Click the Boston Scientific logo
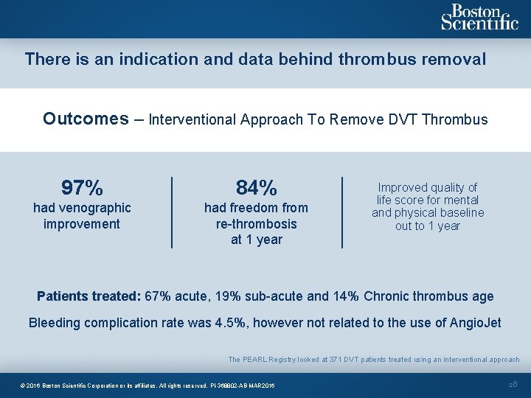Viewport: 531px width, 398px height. pyautogui.click(x=479, y=18)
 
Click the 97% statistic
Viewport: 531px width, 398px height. pyautogui.click(x=82, y=187)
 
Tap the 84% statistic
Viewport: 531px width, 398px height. pyautogui.click(x=257, y=187)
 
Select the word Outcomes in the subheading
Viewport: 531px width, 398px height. pyautogui.click(x=86, y=119)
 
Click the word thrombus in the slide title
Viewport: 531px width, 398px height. pyautogui.click(x=377, y=59)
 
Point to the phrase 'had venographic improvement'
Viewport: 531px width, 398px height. pyautogui.click(x=82, y=216)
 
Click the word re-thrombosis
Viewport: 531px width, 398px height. pyautogui.click(x=257, y=224)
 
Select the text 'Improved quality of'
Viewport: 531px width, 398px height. pyautogui.click(x=428, y=187)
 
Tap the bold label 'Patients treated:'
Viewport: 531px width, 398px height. pyautogui.click(x=89, y=296)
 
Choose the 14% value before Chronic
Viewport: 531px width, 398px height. pyautogui.click(x=344, y=296)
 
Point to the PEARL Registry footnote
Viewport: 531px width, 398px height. pyautogui.click(x=373, y=360)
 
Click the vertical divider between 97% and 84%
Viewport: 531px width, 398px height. pyautogui.click(x=172, y=212)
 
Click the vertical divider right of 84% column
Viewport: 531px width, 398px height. pyautogui.click(x=342, y=212)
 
